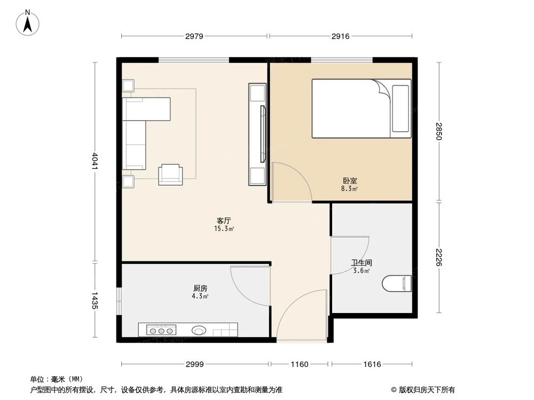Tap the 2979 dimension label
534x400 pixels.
194,36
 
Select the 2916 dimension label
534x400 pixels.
340,36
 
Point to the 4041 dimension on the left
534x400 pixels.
95,162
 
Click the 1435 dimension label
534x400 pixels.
95,300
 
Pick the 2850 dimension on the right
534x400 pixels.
439,132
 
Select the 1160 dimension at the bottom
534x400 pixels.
300,364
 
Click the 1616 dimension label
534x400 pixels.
372,364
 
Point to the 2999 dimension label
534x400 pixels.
195,364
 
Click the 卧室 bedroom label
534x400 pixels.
350,181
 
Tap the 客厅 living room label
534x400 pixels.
224,220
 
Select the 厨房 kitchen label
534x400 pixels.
194,288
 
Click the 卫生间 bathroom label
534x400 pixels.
361,262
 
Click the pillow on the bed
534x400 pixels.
400,108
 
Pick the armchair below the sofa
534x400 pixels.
170,174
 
